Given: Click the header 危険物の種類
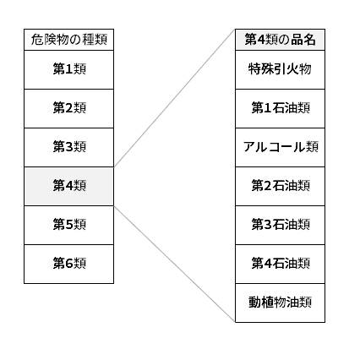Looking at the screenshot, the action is pos(68,40).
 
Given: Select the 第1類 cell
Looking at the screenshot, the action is pos(68,70).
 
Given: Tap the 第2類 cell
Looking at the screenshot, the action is pos(68,109).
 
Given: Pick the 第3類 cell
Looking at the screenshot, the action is pos(68,148).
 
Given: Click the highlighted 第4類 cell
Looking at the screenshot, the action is pos(68,187).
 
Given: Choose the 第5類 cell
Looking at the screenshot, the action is pos(68,226).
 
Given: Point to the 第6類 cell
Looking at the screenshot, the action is pos(68,265).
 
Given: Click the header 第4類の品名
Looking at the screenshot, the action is pos(280,40).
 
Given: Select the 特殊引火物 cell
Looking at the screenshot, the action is pos(280,70).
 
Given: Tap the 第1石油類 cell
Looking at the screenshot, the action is pos(280,109).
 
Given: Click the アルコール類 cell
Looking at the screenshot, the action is pos(280,148).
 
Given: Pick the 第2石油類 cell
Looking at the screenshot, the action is pos(280,187).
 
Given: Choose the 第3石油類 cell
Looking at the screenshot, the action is pos(280,226).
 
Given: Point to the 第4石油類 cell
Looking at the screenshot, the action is pos(280,265).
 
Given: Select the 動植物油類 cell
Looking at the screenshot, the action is pos(280,303).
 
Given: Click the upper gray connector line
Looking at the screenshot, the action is pos(174,98).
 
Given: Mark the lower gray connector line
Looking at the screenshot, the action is pos(174,264).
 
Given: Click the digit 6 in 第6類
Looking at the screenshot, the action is pos(69,264).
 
